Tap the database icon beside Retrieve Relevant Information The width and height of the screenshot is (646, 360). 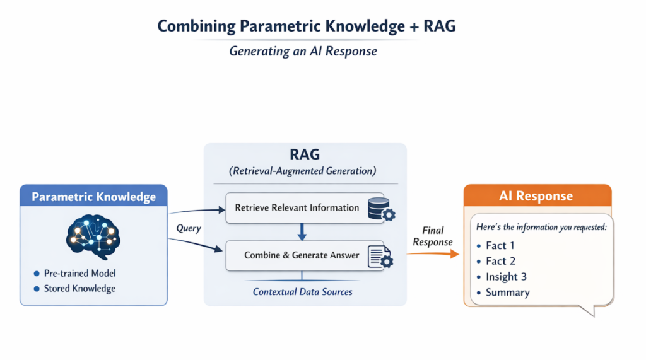[379, 208]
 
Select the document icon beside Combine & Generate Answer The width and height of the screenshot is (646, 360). [380, 255]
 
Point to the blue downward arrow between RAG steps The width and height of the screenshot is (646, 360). [302, 231]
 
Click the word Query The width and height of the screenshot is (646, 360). [188, 228]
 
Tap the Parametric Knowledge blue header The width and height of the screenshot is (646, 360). [93, 197]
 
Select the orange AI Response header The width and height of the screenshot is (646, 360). [537, 196]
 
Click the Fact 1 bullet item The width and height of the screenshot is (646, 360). [500, 245]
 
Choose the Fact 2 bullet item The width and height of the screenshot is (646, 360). [500, 261]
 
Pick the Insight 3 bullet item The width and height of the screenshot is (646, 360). [506, 277]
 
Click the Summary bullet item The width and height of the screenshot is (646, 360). [507, 293]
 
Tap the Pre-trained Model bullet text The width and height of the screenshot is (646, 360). [79, 274]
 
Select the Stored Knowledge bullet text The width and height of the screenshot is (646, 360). [79, 289]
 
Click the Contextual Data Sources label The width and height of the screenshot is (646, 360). [303, 292]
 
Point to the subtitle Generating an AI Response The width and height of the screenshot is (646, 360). [303, 51]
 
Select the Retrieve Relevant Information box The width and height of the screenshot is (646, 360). [297, 207]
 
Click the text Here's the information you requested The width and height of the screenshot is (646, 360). [541, 228]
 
